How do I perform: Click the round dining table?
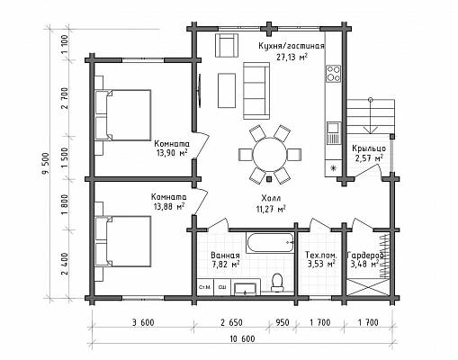pyautogui.click(x=269, y=155)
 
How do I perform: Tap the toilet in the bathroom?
pyautogui.click(x=277, y=283)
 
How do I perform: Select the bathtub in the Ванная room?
pyautogui.click(x=270, y=243)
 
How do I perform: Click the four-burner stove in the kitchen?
pyautogui.click(x=334, y=74)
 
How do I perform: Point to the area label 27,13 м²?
pyautogui.click(x=292, y=58)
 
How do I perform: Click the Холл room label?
pyautogui.click(x=271, y=198)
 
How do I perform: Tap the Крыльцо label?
pyautogui.click(x=369, y=148)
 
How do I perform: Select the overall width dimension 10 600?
pyautogui.click(x=242, y=339)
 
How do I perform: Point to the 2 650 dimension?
pyautogui.click(x=231, y=323)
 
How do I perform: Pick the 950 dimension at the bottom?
pyautogui.click(x=283, y=323)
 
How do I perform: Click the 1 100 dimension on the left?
pyautogui.click(x=65, y=45)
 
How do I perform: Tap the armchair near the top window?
pyautogui.click(x=227, y=45)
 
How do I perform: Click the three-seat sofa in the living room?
pyautogui.click(x=256, y=91)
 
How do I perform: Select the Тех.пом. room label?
pyautogui.click(x=321, y=256)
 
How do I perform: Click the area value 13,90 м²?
pyautogui.click(x=172, y=153)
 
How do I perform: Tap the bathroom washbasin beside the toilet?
pyautogui.click(x=246, y=287)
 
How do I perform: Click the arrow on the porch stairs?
pyautogui.click(x=371, y=116)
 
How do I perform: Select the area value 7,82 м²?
pyautogui.click(x=225, y=265)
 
